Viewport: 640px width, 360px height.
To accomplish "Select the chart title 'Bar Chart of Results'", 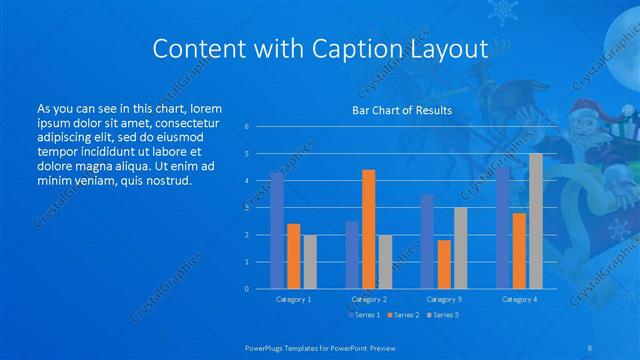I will pyautogui.click(x=400, y=110).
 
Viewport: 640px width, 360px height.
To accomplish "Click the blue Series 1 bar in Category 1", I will pyautogui.click(x=277, y=230).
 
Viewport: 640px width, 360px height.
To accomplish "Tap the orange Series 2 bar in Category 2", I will pyautogui.click(x=368, y=229).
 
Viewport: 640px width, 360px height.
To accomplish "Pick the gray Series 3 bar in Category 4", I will pyautogui.click(x=536, y=221).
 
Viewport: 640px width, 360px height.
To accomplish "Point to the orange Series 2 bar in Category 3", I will pyautogui.click(x=443, y=264).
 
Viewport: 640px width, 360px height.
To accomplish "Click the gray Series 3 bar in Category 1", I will pyautogui.click(x=310, y=261).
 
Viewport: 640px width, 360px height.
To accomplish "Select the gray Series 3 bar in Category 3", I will pyautogui.click(x=460, y=248).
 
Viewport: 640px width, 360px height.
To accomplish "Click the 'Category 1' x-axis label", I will pyautogui.click(x=293, y=299).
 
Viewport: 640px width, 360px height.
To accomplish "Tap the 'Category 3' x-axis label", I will pyautogui.click(x=443, y=299).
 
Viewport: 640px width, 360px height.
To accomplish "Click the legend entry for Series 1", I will pyautogui.click(x=364, y=315).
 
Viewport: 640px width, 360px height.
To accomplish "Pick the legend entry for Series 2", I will pyautogui.click(x=402, y=315).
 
